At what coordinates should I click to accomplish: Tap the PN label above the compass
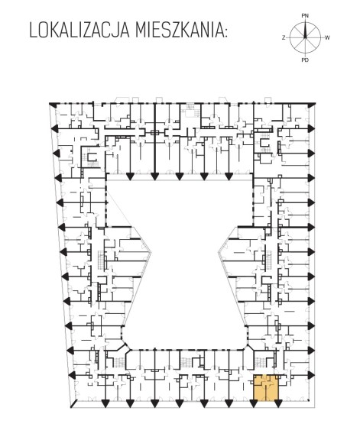305,16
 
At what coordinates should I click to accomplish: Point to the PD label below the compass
305,60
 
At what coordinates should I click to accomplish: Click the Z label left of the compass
284,38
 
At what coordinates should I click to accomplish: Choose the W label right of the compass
327,37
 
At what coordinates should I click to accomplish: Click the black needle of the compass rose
305,30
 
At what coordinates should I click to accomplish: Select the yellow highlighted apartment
266,388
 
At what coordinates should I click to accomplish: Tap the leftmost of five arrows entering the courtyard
130,176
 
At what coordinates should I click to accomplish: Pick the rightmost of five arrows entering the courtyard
229,176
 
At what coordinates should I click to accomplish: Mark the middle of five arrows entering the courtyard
179,176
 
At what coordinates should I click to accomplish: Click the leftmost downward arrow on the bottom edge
105,403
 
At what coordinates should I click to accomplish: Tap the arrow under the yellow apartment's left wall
254,403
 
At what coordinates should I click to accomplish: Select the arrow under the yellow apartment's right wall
278,403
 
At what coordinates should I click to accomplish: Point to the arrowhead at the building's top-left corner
54,105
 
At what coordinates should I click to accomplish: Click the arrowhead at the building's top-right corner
312,105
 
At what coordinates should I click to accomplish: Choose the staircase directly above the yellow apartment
259,361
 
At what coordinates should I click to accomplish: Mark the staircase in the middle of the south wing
186,362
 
